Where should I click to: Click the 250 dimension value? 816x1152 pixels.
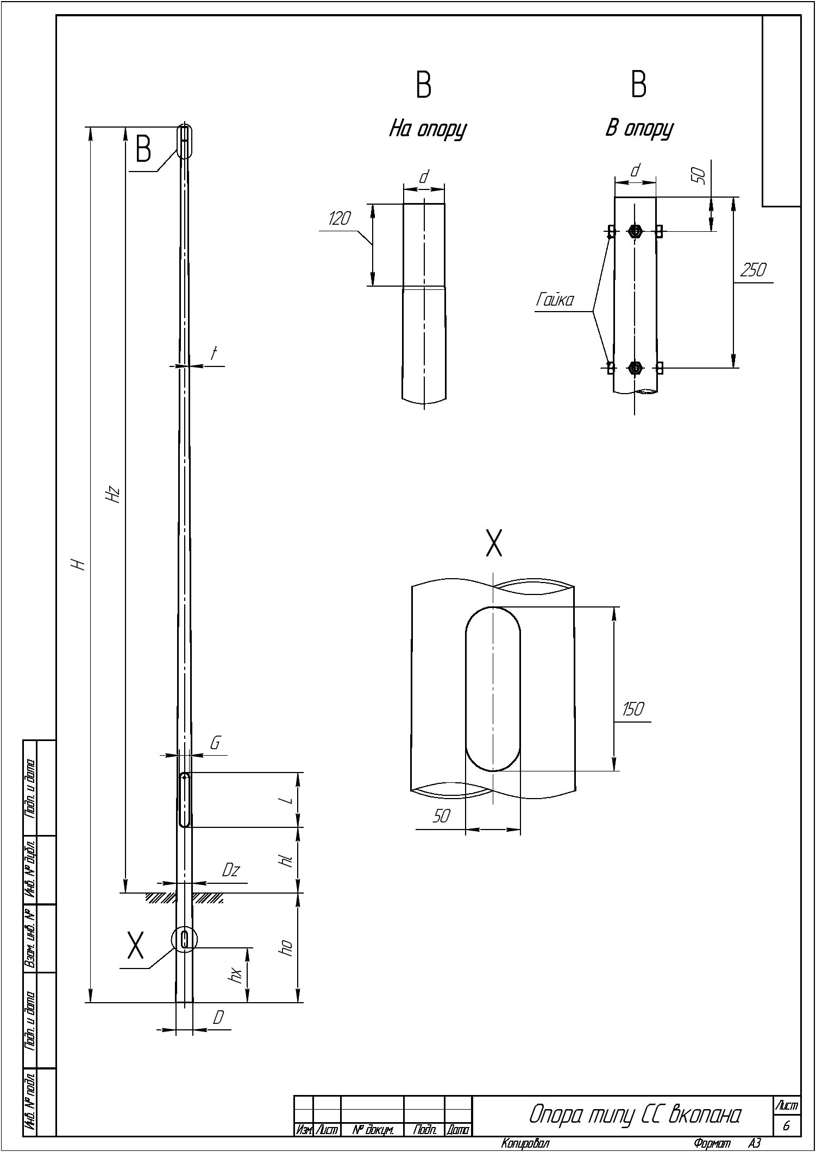[x=753, y=270]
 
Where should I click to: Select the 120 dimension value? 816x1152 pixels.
[x=340, y=218]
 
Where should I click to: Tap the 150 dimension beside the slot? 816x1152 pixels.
[x=632, y=709]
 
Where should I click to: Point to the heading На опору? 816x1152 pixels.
[x=428, y=130]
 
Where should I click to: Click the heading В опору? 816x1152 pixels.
[x=639, y=129]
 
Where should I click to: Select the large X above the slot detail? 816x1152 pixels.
[x=494, y=543]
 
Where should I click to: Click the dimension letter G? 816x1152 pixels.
[x=215, y=743]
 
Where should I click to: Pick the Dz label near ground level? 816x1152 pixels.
[x=231, y=870]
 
